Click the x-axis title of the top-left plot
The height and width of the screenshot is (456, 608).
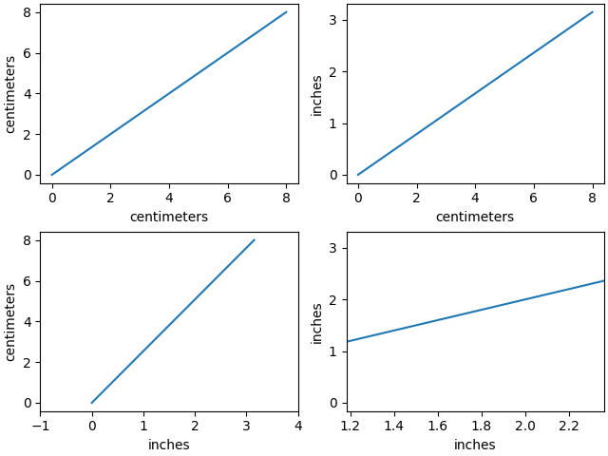[x=169, y=217]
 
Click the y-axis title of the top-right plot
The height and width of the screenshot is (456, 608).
[x=317, y=95]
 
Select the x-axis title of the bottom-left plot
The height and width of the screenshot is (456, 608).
[x=169, y=445]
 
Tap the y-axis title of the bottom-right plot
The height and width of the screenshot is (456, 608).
[x=317, y=323]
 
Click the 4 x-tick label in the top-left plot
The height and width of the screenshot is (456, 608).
[x=169, y=198]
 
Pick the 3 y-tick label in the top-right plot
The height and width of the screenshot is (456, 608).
[x=333, y=20]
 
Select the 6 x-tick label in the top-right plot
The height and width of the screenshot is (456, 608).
[x=533, y=198]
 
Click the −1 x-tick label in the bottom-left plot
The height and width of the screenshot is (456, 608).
[x=40, y=426]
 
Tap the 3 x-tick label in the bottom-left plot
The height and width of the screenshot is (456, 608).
[x=246, y=426]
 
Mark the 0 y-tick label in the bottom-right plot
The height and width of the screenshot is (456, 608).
[x=333, y=403]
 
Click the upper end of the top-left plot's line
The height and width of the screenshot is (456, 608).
[x=286, y=12]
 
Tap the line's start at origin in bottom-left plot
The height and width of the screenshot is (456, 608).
[x=92, y=403]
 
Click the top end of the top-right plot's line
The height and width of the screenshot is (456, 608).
[x=592, y=12]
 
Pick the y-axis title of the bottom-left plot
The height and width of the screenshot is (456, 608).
[x=11, y=323]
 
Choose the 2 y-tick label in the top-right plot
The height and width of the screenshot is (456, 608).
[x=333, y=72]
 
